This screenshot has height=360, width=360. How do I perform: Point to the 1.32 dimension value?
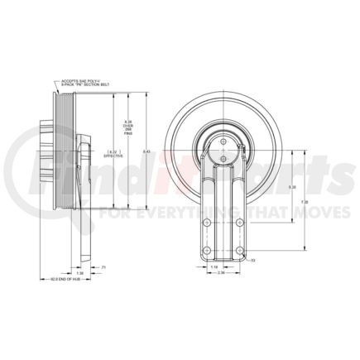pos(79,272)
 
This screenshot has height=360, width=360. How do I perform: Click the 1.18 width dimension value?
pos(214,267)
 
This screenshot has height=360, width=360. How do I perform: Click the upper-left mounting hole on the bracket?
pos(202,222)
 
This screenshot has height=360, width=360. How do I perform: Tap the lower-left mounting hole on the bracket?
pos(202,252)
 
